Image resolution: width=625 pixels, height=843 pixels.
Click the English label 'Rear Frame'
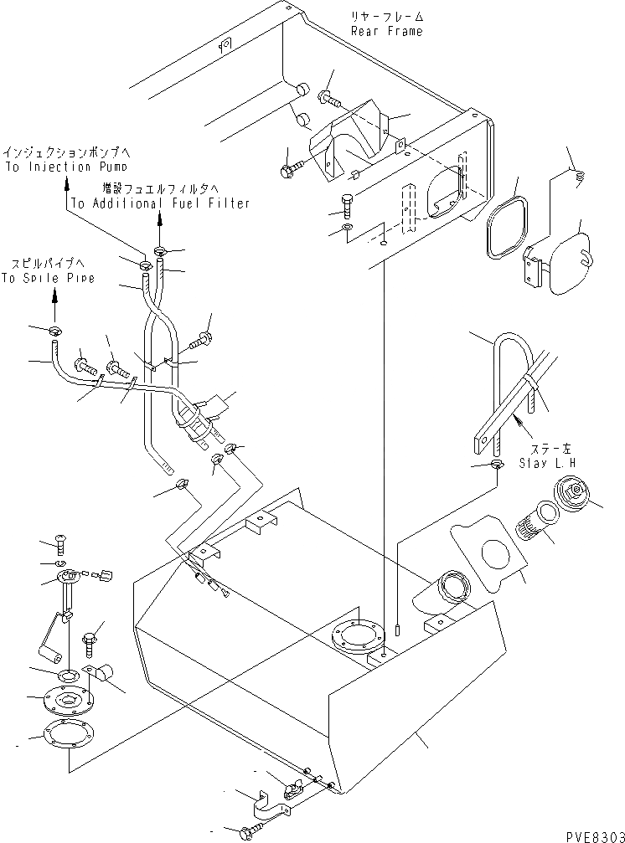(387, 31)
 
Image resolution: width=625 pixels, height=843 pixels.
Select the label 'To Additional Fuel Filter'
(160, 203)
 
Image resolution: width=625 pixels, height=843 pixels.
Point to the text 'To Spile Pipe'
(48, 278)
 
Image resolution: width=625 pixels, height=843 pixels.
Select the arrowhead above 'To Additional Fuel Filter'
(160, 221)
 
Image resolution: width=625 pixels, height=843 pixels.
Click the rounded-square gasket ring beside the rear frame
(506, 227)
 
